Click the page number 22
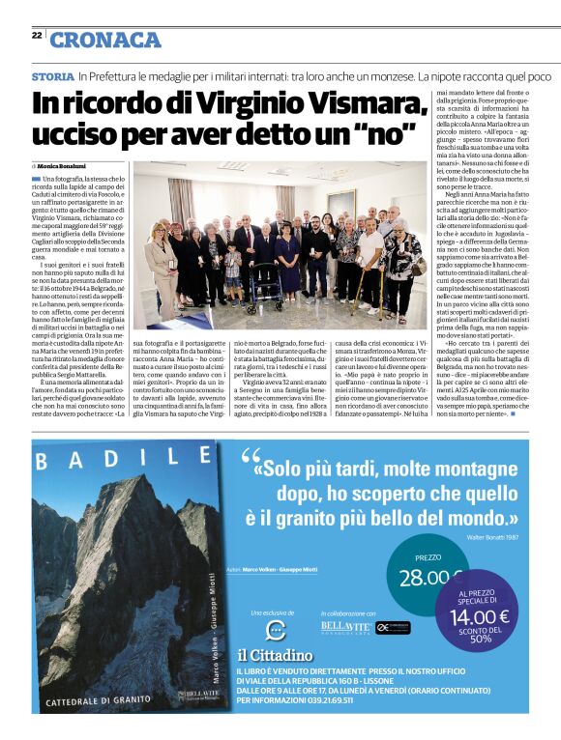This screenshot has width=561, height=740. pyautogui.click(x=36, y=35)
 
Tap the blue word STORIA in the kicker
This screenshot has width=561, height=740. pyautogui.click(x=52, y=75)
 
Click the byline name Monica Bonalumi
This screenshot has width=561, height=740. pyautogui.click(x=67, y=167)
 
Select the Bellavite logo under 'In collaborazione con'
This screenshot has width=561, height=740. pyautogui.click(x=345, y=628)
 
